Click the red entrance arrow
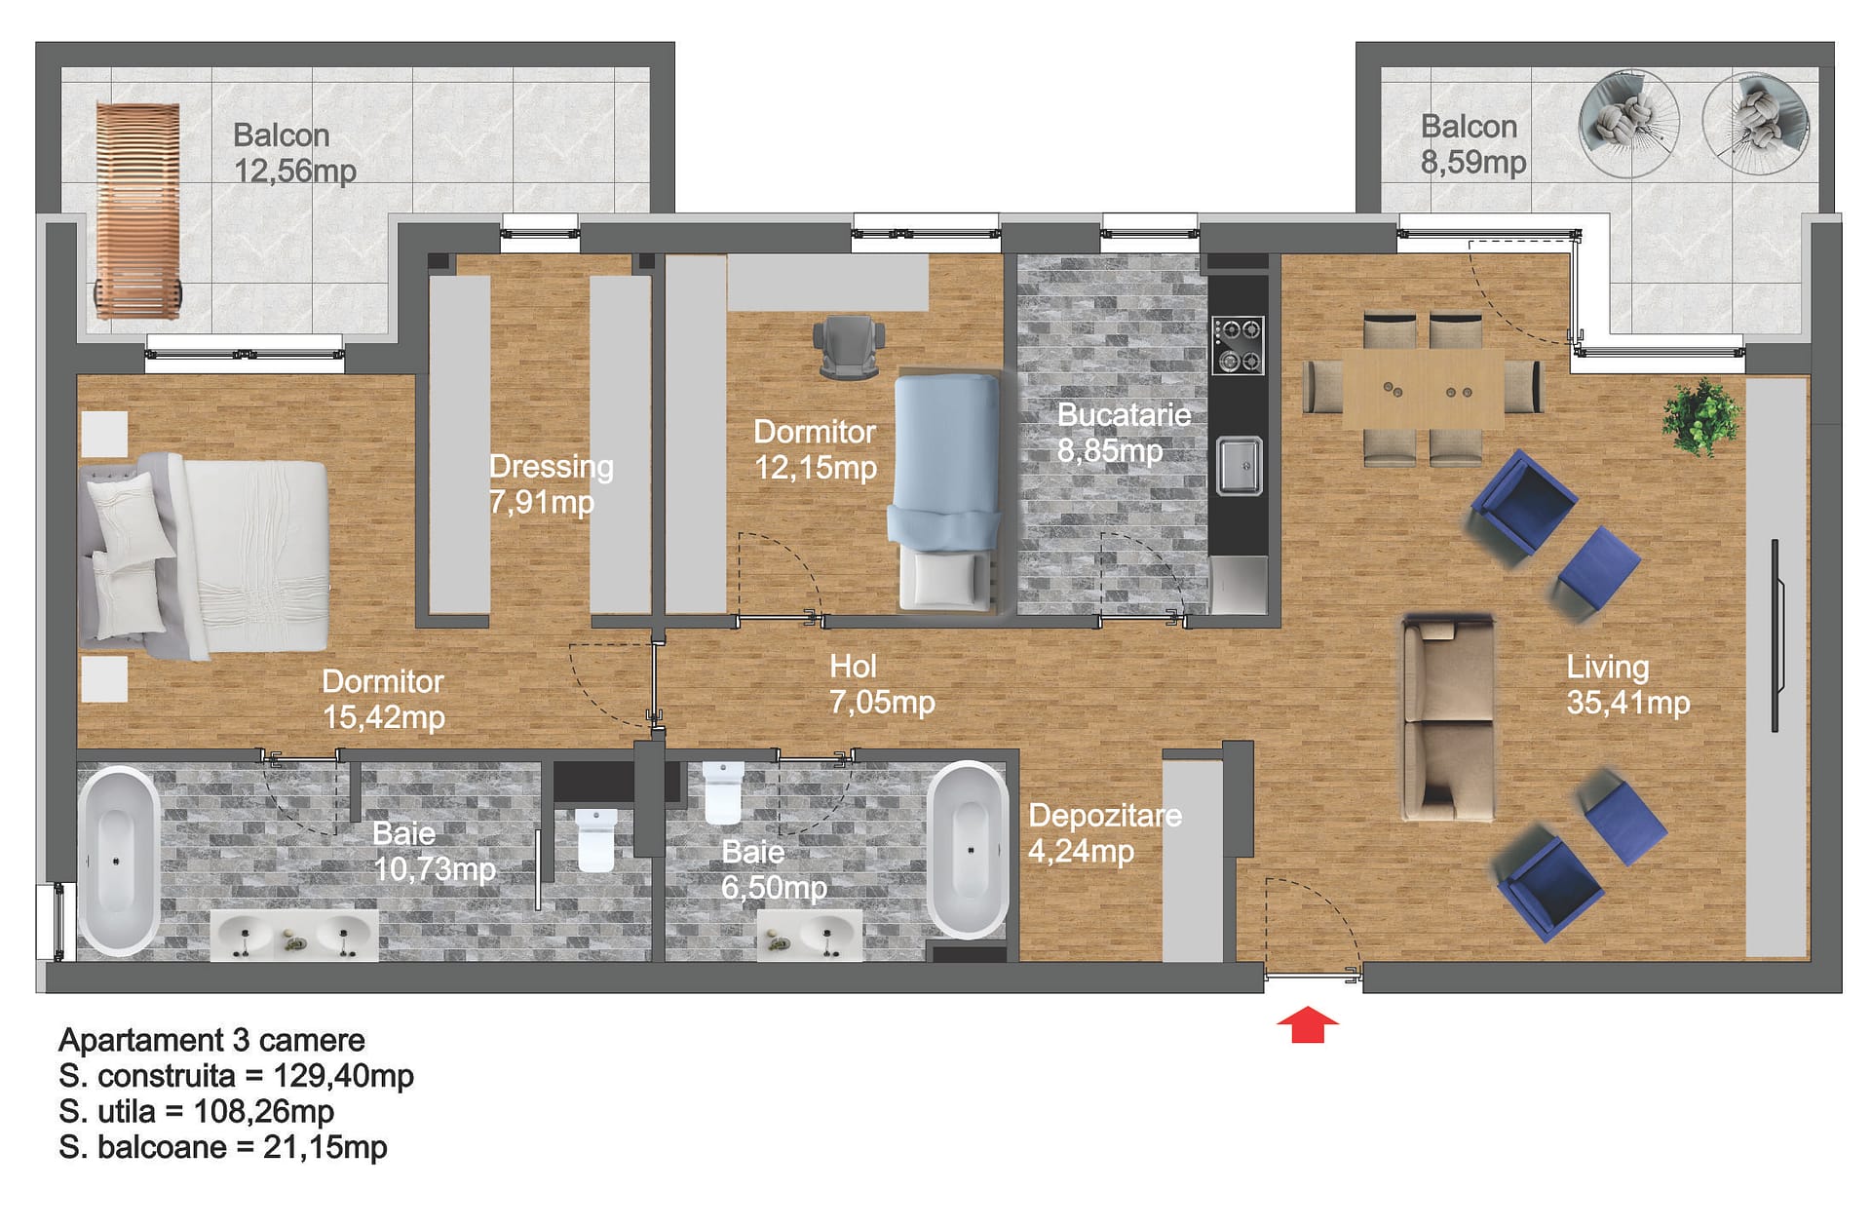pyautogui.click(x=1308, y=1024)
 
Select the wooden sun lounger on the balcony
pyautogui.click(x=137, y=211)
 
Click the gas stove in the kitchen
pyautogui.click(x=1238, y=346)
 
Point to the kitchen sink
pyautogui.click(x=1240, y=466)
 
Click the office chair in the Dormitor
pyautogui.click(x=849, y=346)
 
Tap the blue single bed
pyautogui.click(x=946, y=493)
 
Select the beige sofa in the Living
pyautogui.click(x=1448, y=718)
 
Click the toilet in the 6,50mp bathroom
pyautogui.click(x=723, y=792)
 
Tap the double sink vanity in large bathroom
pyautogui.click(x=294, y=936)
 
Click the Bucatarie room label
pyautogui.click(x=1124, y=415)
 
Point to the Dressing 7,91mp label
pyautogui.click(x=551, y=484)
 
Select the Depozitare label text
pyautogui.click(x=1105, y=816)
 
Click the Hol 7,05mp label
pyautogui.click(x=882, y=684)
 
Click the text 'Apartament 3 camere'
pyautogui.click(x=211, y=1040)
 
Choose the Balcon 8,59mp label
pyautogui.click(x=1472, y=144)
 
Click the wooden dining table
pyautogui.click(x=1423, y=388)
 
